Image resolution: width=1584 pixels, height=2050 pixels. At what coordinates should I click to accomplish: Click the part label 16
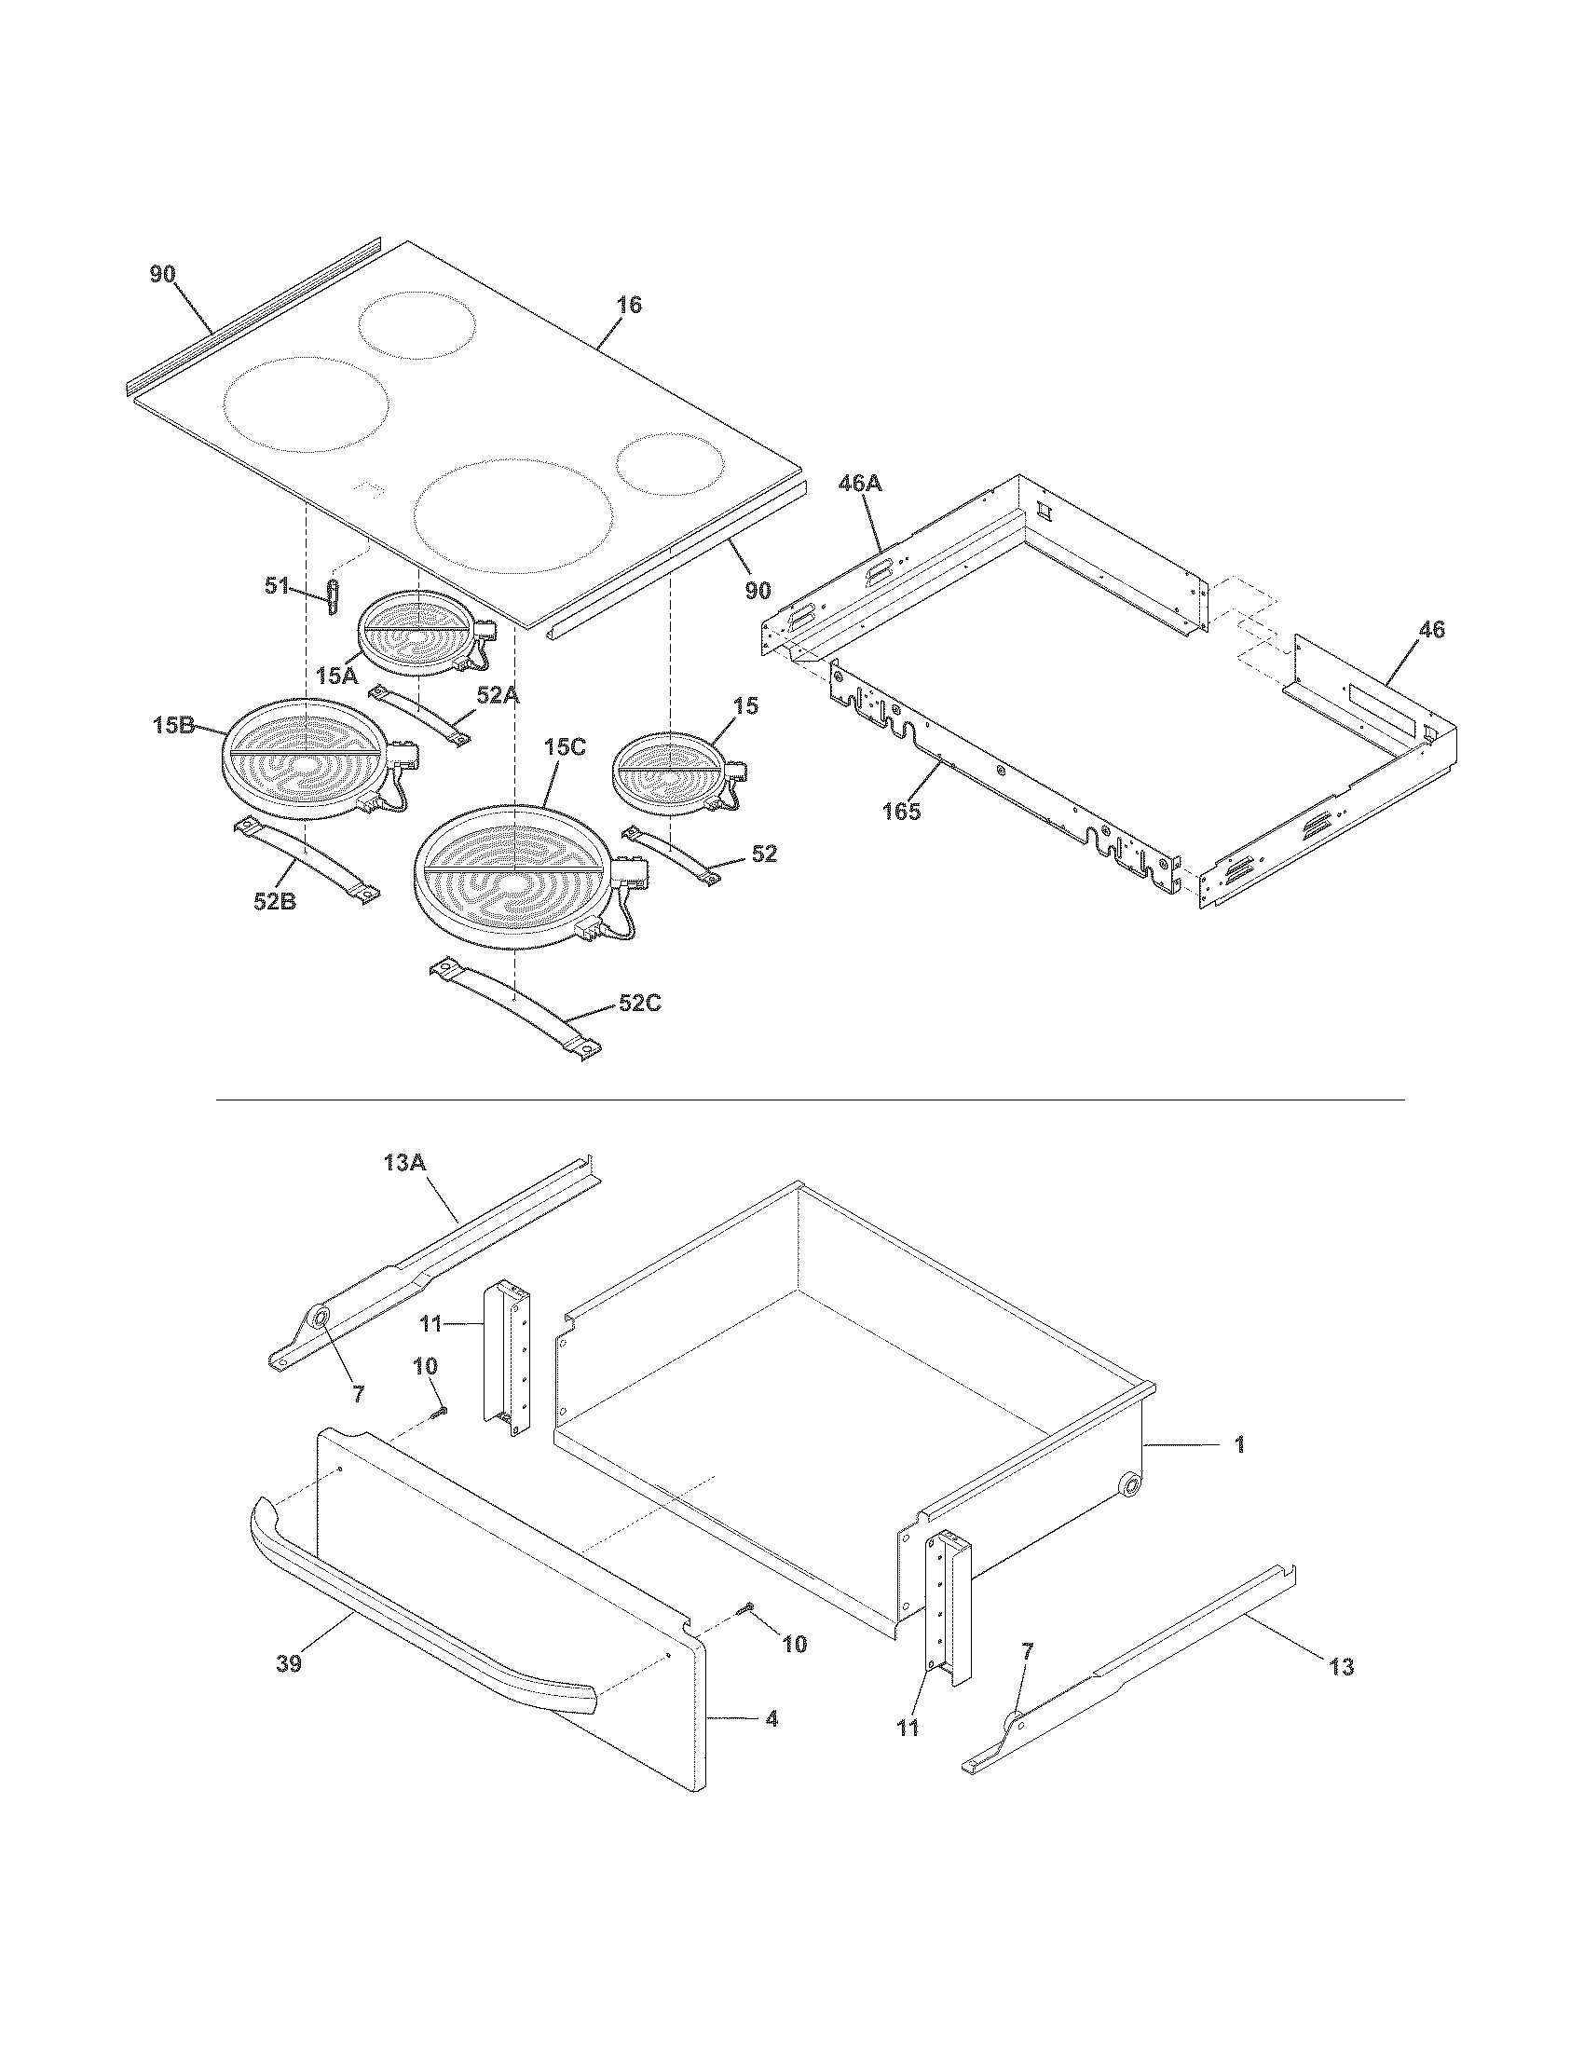click(x=629, y=305)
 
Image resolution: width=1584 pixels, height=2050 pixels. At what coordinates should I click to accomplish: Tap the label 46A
click(x=860, y=484)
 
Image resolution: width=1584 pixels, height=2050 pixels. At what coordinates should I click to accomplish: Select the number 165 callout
click(x=901, y=811)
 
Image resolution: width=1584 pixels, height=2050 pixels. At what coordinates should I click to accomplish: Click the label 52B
click(x=274, y=901)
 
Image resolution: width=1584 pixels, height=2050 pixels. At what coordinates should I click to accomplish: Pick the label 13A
click(x=404, y=1163)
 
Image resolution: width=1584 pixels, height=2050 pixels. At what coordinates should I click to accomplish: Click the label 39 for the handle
click(x=289, y=1663)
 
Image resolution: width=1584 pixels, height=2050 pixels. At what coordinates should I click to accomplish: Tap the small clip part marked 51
click(x=332, y=596)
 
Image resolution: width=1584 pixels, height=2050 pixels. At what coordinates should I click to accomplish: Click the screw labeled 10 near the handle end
click(x=747, y=1609)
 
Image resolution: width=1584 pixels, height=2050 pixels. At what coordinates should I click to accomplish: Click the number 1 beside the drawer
click(x=1238, y=1444)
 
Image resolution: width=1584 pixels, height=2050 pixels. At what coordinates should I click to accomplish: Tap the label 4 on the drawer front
click(x=771, y=1718)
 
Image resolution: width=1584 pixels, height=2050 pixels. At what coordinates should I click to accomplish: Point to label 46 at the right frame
click(x=1430, y=630)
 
